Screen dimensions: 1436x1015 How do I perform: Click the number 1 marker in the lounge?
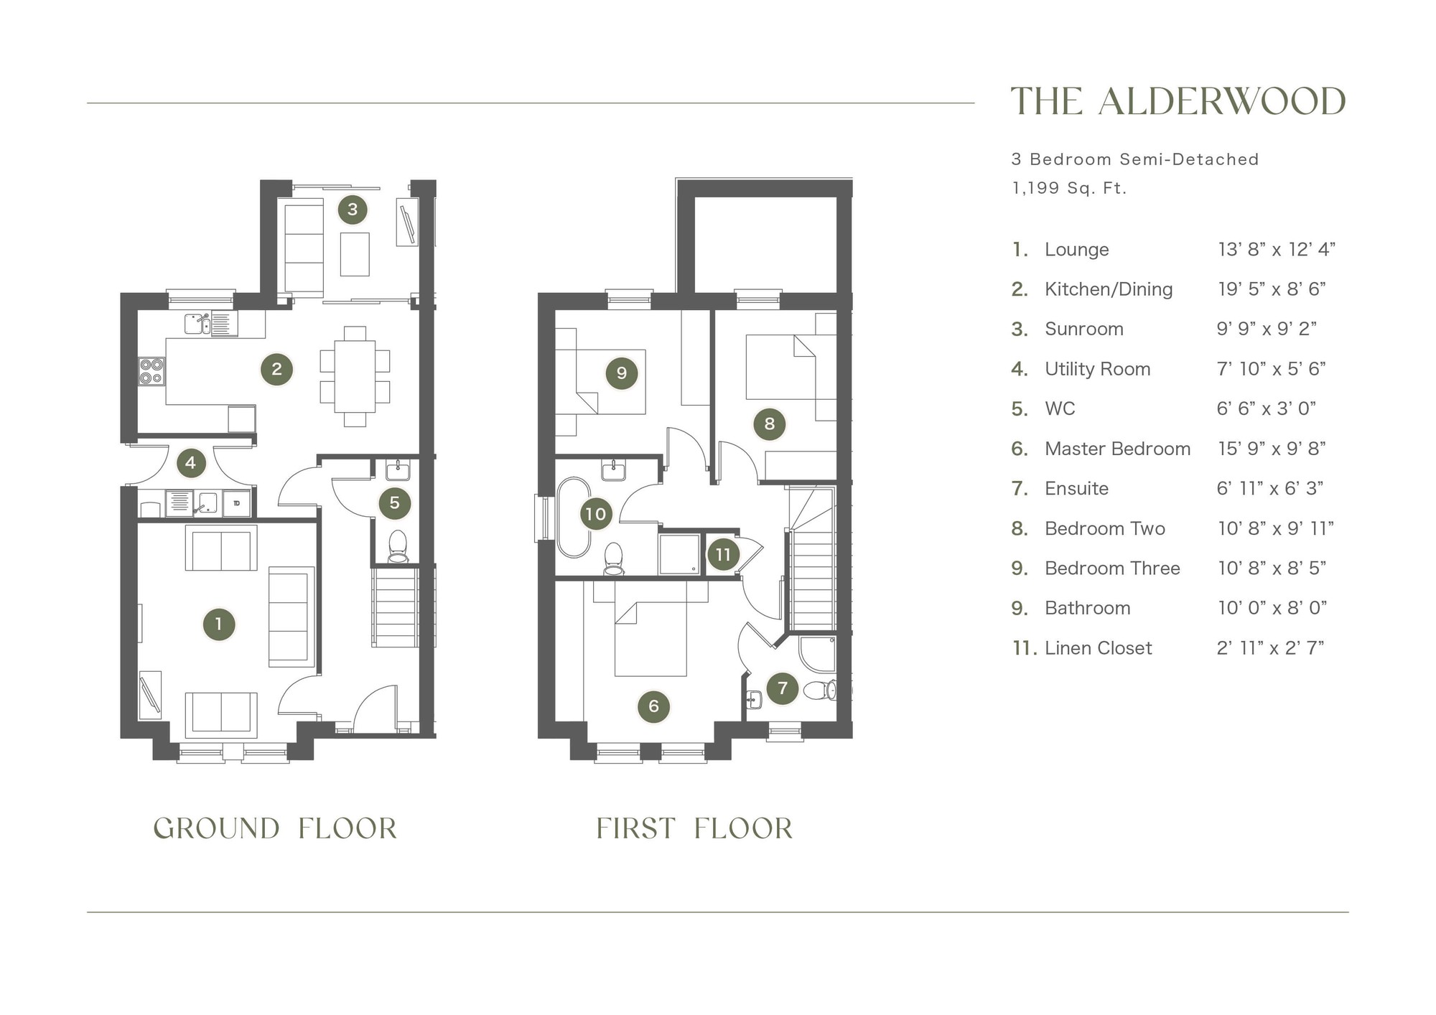point(219,624)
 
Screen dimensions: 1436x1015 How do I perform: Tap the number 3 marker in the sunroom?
point(353,210)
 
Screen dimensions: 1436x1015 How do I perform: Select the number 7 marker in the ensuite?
point(783,688)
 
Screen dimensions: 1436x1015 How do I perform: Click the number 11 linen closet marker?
point(723,554)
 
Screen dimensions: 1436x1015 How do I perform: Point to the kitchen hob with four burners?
point(151,372)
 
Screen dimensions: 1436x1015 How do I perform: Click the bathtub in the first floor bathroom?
point(573,517)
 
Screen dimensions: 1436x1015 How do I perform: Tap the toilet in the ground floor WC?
point(397,546)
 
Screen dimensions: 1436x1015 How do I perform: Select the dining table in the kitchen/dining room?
point(355,377)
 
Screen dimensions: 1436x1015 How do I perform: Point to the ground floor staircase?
point(395,607)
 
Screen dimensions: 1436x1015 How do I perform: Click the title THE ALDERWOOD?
point(1178,101)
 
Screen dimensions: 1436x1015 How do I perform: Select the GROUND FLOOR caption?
point(275,828)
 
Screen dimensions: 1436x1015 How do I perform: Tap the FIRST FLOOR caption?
point(694,828)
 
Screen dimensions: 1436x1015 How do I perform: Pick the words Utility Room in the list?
point(1097,369)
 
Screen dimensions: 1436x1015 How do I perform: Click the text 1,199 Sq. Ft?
point(1069,188)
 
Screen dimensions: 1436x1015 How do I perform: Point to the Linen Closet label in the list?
point(1098,648)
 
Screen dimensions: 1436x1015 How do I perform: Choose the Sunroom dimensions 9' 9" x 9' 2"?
point(1267,329)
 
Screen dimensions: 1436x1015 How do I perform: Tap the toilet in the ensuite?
point(820,691)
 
